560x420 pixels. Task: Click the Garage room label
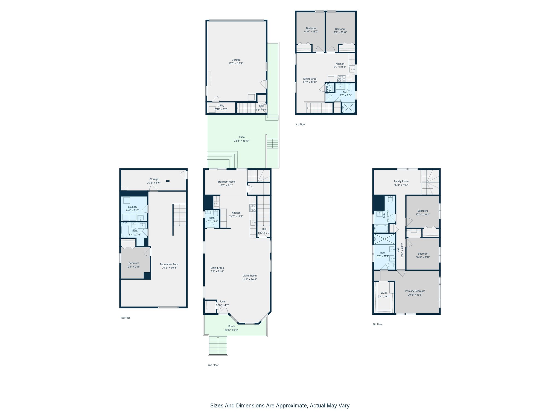236,60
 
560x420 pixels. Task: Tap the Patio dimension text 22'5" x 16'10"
241,141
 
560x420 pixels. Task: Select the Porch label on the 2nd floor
231,326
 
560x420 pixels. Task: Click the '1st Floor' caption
125,318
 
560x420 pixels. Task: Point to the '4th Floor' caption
377,324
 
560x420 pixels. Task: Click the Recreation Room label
169,264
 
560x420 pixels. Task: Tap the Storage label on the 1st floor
154,179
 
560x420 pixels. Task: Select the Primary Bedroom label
415,291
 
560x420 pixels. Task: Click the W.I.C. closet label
384,293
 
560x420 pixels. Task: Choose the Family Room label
401,181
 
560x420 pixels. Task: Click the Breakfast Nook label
226,182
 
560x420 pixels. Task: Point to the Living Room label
249,276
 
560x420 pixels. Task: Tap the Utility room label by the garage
221,106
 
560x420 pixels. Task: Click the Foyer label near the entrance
222,302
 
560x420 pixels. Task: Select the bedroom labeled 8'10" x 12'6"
311,30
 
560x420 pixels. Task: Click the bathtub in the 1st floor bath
125,230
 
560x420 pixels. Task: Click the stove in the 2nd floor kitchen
253,208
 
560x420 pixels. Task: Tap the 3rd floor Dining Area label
310,79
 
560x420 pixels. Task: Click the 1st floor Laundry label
132,207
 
